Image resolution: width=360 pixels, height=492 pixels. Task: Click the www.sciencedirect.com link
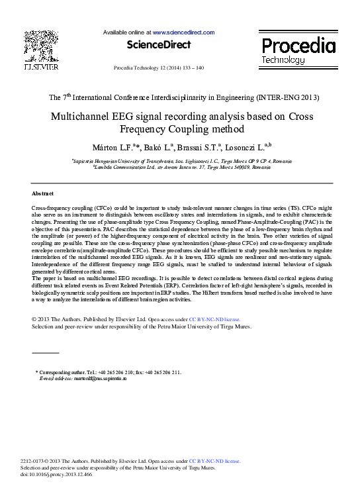[x=183, y=32]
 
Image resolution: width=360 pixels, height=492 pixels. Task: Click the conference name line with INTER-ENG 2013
[x=184, y=97]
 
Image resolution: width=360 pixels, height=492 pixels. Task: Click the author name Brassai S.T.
[x=199, y=146]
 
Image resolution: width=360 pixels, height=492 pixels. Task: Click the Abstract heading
[x=43, y=193]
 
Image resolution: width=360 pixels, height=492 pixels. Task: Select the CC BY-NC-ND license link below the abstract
[x=215, y=319]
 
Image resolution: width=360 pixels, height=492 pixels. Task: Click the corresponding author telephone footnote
[x=109, y=372]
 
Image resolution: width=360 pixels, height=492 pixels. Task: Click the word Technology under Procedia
[x=283, y=60]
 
